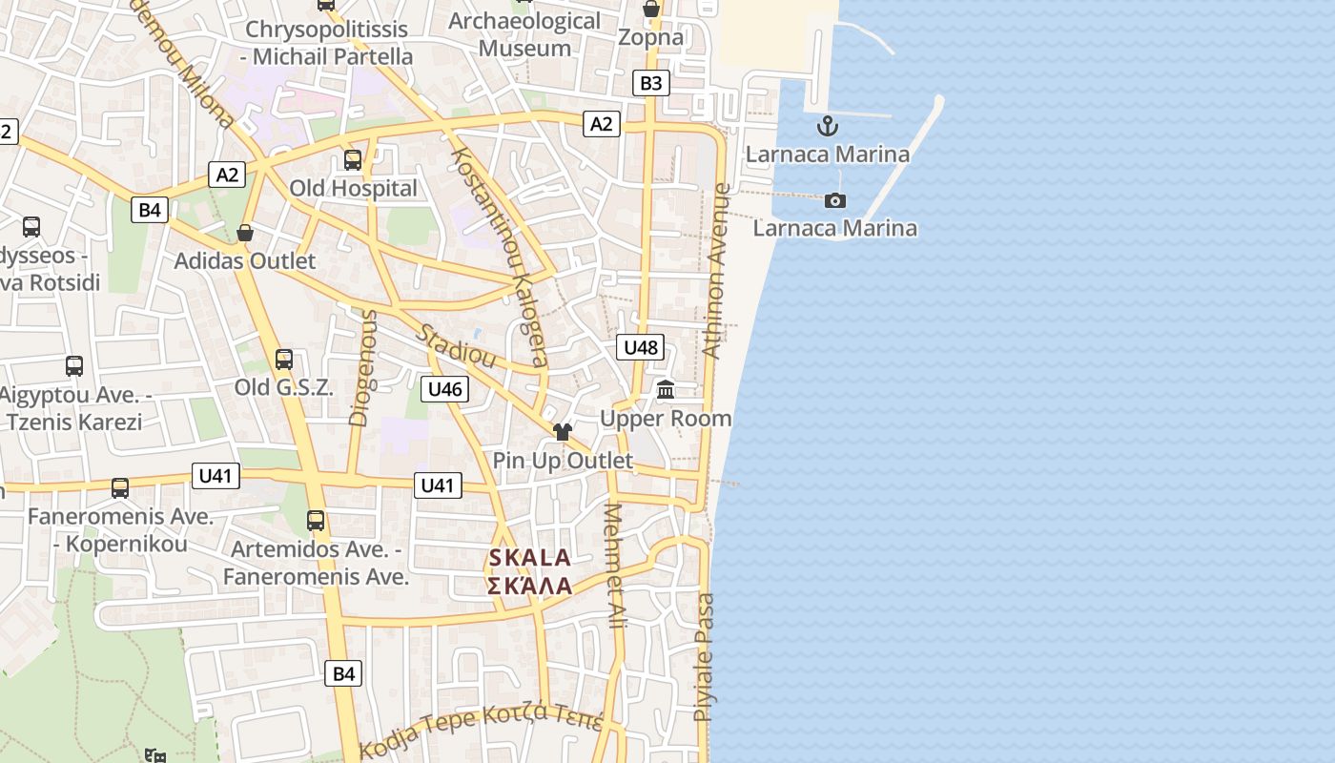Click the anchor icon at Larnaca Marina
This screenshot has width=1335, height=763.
[828, 126]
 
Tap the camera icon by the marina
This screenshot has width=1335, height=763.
[835, 200]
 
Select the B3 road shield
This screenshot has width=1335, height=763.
[650, 83]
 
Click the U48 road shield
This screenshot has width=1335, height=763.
[640, 347]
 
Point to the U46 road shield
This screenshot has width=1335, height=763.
[444, 388]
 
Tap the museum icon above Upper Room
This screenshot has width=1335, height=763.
[666, 390]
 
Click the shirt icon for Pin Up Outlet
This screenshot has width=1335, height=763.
[562, 432]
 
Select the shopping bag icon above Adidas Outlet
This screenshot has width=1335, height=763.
[245, 233]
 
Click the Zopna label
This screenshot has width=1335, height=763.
[650, 37]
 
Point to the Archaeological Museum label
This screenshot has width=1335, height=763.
[524, 34]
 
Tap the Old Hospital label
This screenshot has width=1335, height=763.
[353, 188]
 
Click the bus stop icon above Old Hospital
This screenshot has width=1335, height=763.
[353, 159]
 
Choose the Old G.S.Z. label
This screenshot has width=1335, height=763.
[284, 387]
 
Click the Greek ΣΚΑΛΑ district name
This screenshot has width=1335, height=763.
[529, 586]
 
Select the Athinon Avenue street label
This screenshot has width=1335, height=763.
[716, 272]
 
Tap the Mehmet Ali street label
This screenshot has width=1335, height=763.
[613, 565]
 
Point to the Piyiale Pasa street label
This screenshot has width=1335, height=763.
[704, 657]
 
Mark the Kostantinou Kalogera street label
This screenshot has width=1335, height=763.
[500, 256]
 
